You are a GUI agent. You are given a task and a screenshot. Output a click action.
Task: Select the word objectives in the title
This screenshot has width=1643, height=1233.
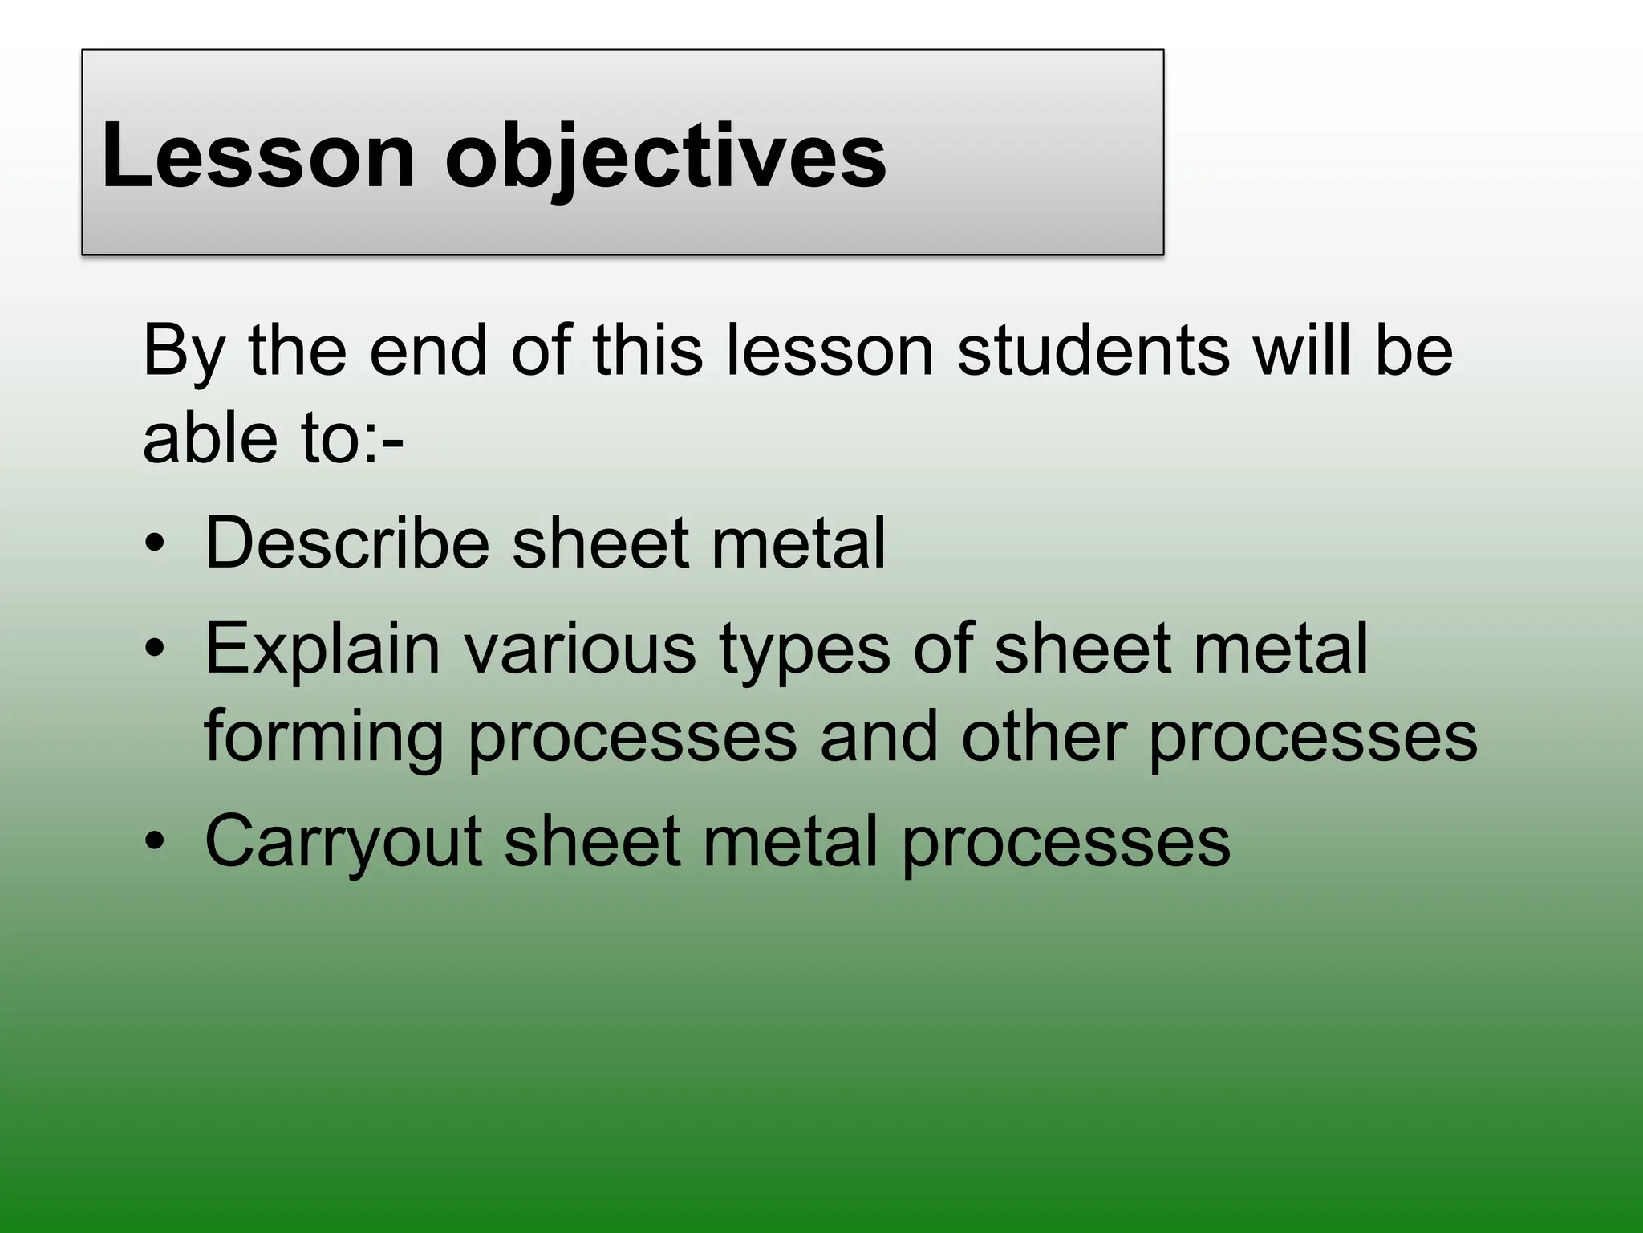coord(665,157)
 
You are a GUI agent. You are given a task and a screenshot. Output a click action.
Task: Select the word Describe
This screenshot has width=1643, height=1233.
coord(347,543)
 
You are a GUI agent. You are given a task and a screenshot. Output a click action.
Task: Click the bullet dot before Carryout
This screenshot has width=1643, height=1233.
coord(154,842)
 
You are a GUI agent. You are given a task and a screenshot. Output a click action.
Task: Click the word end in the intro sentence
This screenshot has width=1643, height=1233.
coord(428,351)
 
